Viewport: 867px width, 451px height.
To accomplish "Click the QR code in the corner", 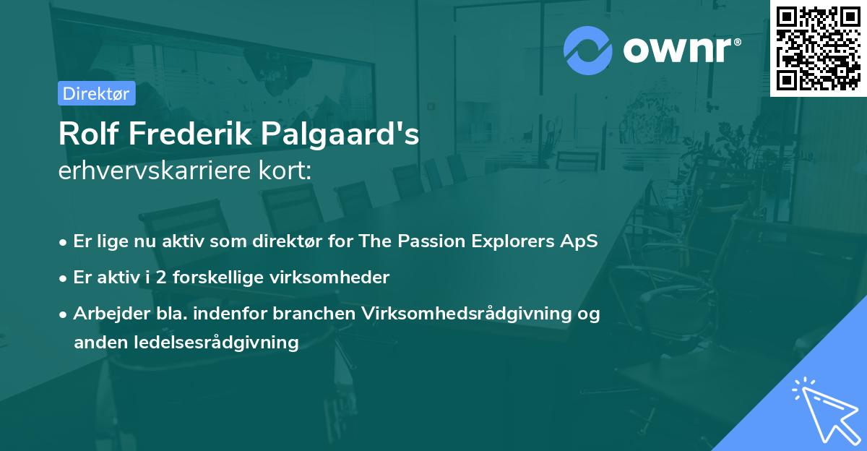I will (x=819, y=48).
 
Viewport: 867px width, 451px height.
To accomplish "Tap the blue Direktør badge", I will (x=96, y=93).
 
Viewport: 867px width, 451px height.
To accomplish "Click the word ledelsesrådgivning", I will (x=217, y=343).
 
